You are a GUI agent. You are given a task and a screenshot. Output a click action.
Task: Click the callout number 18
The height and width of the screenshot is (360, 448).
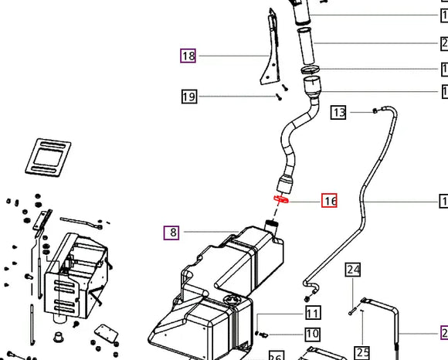click(x=188, y=56)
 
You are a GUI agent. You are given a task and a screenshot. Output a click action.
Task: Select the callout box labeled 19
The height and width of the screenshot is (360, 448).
click(x=188, y=97)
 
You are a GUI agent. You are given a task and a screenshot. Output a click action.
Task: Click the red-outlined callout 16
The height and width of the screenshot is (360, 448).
click(x=330, y=202)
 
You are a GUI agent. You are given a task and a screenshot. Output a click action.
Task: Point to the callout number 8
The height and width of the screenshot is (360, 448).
click(x=171, y=232)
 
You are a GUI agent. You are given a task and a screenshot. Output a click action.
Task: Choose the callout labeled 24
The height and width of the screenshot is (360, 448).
click(x=353, y=270)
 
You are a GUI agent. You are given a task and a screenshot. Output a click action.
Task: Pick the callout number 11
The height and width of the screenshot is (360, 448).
click(x=312, y=314)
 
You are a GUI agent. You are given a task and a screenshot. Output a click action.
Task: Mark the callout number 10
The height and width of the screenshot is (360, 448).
click(x=312, y=334)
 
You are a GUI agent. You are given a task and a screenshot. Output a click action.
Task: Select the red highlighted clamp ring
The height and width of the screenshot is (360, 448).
click(x=280, y=199)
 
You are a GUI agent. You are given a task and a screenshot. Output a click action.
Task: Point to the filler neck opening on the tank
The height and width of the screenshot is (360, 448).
click(x=272, y=226)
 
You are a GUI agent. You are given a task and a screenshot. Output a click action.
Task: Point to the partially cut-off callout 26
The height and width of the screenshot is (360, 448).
click(x=275, y=355)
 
